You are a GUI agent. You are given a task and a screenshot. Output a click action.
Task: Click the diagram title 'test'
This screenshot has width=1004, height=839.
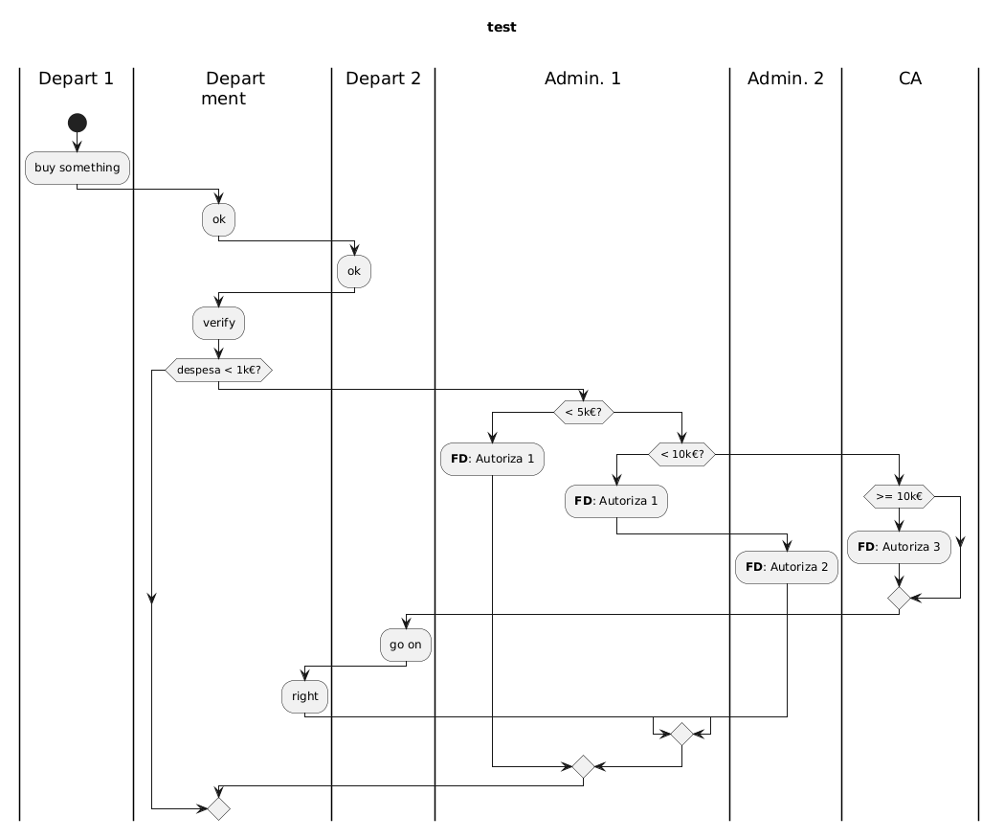click(502, 27)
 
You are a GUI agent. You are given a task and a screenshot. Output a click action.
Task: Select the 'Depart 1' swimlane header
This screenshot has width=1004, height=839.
click(77, 79)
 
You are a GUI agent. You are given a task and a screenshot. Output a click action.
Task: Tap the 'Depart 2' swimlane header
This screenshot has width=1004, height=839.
click(383, 79)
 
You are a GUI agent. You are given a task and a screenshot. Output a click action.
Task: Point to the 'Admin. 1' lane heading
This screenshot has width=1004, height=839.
click(582, 79)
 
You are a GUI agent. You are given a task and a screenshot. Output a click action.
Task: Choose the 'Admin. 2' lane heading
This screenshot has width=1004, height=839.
click(786, 79)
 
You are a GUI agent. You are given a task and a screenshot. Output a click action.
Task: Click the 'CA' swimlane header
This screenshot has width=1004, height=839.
click(910, 79)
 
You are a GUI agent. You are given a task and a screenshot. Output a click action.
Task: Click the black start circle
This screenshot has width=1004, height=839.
click(77, 122)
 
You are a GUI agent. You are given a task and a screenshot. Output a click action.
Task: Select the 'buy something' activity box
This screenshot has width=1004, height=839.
click(77, 168)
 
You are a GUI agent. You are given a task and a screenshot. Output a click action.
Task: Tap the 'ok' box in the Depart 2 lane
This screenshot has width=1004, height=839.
click(354, 271)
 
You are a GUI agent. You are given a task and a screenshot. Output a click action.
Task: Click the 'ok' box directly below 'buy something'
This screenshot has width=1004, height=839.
click(219, 219)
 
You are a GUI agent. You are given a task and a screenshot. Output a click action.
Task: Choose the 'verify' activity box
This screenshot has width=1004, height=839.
click(219, 323)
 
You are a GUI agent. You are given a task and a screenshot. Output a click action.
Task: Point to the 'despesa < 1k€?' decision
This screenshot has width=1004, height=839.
click(219, 369)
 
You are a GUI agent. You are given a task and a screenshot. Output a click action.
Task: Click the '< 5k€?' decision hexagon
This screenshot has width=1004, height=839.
click(583, 412)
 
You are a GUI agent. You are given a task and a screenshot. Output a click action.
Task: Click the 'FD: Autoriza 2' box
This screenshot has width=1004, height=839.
click(786, 567)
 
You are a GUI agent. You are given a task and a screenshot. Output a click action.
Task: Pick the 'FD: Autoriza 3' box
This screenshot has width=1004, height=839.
click(899, 547)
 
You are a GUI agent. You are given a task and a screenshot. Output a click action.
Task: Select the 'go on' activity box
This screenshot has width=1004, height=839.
click(406, 645)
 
